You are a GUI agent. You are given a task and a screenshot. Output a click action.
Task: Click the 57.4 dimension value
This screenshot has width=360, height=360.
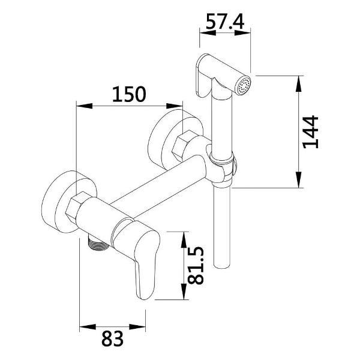tap(225, 22)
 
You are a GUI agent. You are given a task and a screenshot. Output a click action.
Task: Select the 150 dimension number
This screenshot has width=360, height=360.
tap(129, 94)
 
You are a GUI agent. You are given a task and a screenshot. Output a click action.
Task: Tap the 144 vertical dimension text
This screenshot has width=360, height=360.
tap(310, 132)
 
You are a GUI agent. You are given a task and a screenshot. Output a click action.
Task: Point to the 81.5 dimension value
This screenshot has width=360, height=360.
tap(196, 265)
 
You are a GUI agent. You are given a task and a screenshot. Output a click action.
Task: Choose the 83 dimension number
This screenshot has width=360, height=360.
tap(113, 338)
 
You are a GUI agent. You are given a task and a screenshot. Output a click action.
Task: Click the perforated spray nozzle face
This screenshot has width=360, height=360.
tap(244, 85)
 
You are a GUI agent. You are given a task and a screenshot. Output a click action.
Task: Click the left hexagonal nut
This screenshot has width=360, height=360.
tap(76, 206)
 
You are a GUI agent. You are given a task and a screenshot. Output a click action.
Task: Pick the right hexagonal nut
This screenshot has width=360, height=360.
tap(183, 145)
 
